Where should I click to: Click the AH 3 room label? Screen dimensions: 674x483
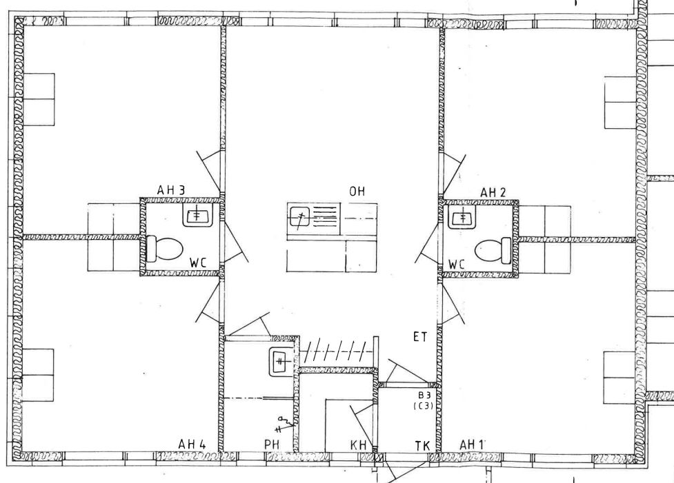pyautogui.click(x=170, y=189)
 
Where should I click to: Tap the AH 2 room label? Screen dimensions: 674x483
pyautogui.click(x=493, y=193)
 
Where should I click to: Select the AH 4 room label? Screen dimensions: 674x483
pyautogui.click(x=192, y=444)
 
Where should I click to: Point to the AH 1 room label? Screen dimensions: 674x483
pyautogui.click(x=472, y=444)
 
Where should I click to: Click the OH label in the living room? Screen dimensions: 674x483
pyautogui.click(x=357, y=191)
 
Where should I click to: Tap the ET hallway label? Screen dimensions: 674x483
pyautogui.click(x=420, y=337)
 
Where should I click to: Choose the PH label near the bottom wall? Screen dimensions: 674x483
pyautogui.click(x=272, y=445)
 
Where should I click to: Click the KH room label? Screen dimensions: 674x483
pyautogui.click(x=359, y=445)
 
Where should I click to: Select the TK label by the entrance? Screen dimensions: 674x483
pyautogui.click(x=422, y=446)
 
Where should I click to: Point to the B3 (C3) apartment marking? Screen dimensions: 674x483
pyautogui.click(x=423, y=400)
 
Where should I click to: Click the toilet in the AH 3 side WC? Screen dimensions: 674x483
pyautogui.click(x=165, y=249)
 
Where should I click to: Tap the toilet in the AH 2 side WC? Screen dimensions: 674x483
pyautogui.click(x=493, y=250)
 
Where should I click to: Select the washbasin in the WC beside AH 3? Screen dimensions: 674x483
pyautogui.click(x=197, y=214)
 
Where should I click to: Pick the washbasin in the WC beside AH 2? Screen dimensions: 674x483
pyautogui.click(x=462, y=217)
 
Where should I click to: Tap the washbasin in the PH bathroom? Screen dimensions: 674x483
pyautogui.click(x=281, y=362)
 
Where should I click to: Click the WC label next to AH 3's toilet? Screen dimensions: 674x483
pyautogui.click(x=198, y=263)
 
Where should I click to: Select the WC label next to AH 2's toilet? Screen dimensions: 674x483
pyautogui.click(x=457, y=264)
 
